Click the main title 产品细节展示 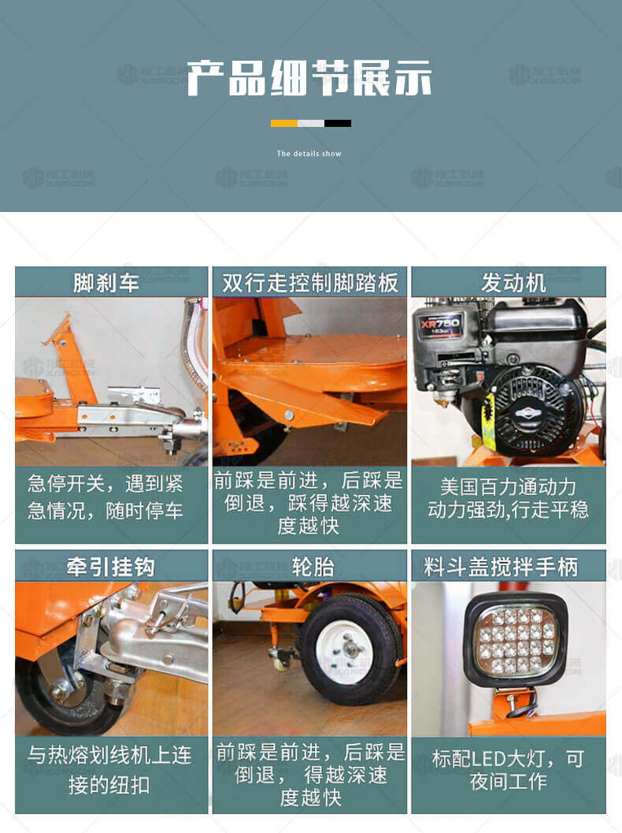[x=309, y=78]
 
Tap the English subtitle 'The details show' [x=309, y=154]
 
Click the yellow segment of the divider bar [x=284, y=123]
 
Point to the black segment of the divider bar [x=338, y=123]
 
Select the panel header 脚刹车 [x=106, y=283]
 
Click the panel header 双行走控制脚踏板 [x=310, y=283]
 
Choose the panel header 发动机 [x=513, y=283]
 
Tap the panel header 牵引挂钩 [x=110, y=567]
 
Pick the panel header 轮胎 [x=313, y=567]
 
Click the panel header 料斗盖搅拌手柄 [x=501, y=567]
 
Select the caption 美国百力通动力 [x=508, y=486]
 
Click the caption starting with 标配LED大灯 [x=509, y=770]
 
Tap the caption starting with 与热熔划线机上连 [x=110, y=769]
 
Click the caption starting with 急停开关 [x=105, y=496]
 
